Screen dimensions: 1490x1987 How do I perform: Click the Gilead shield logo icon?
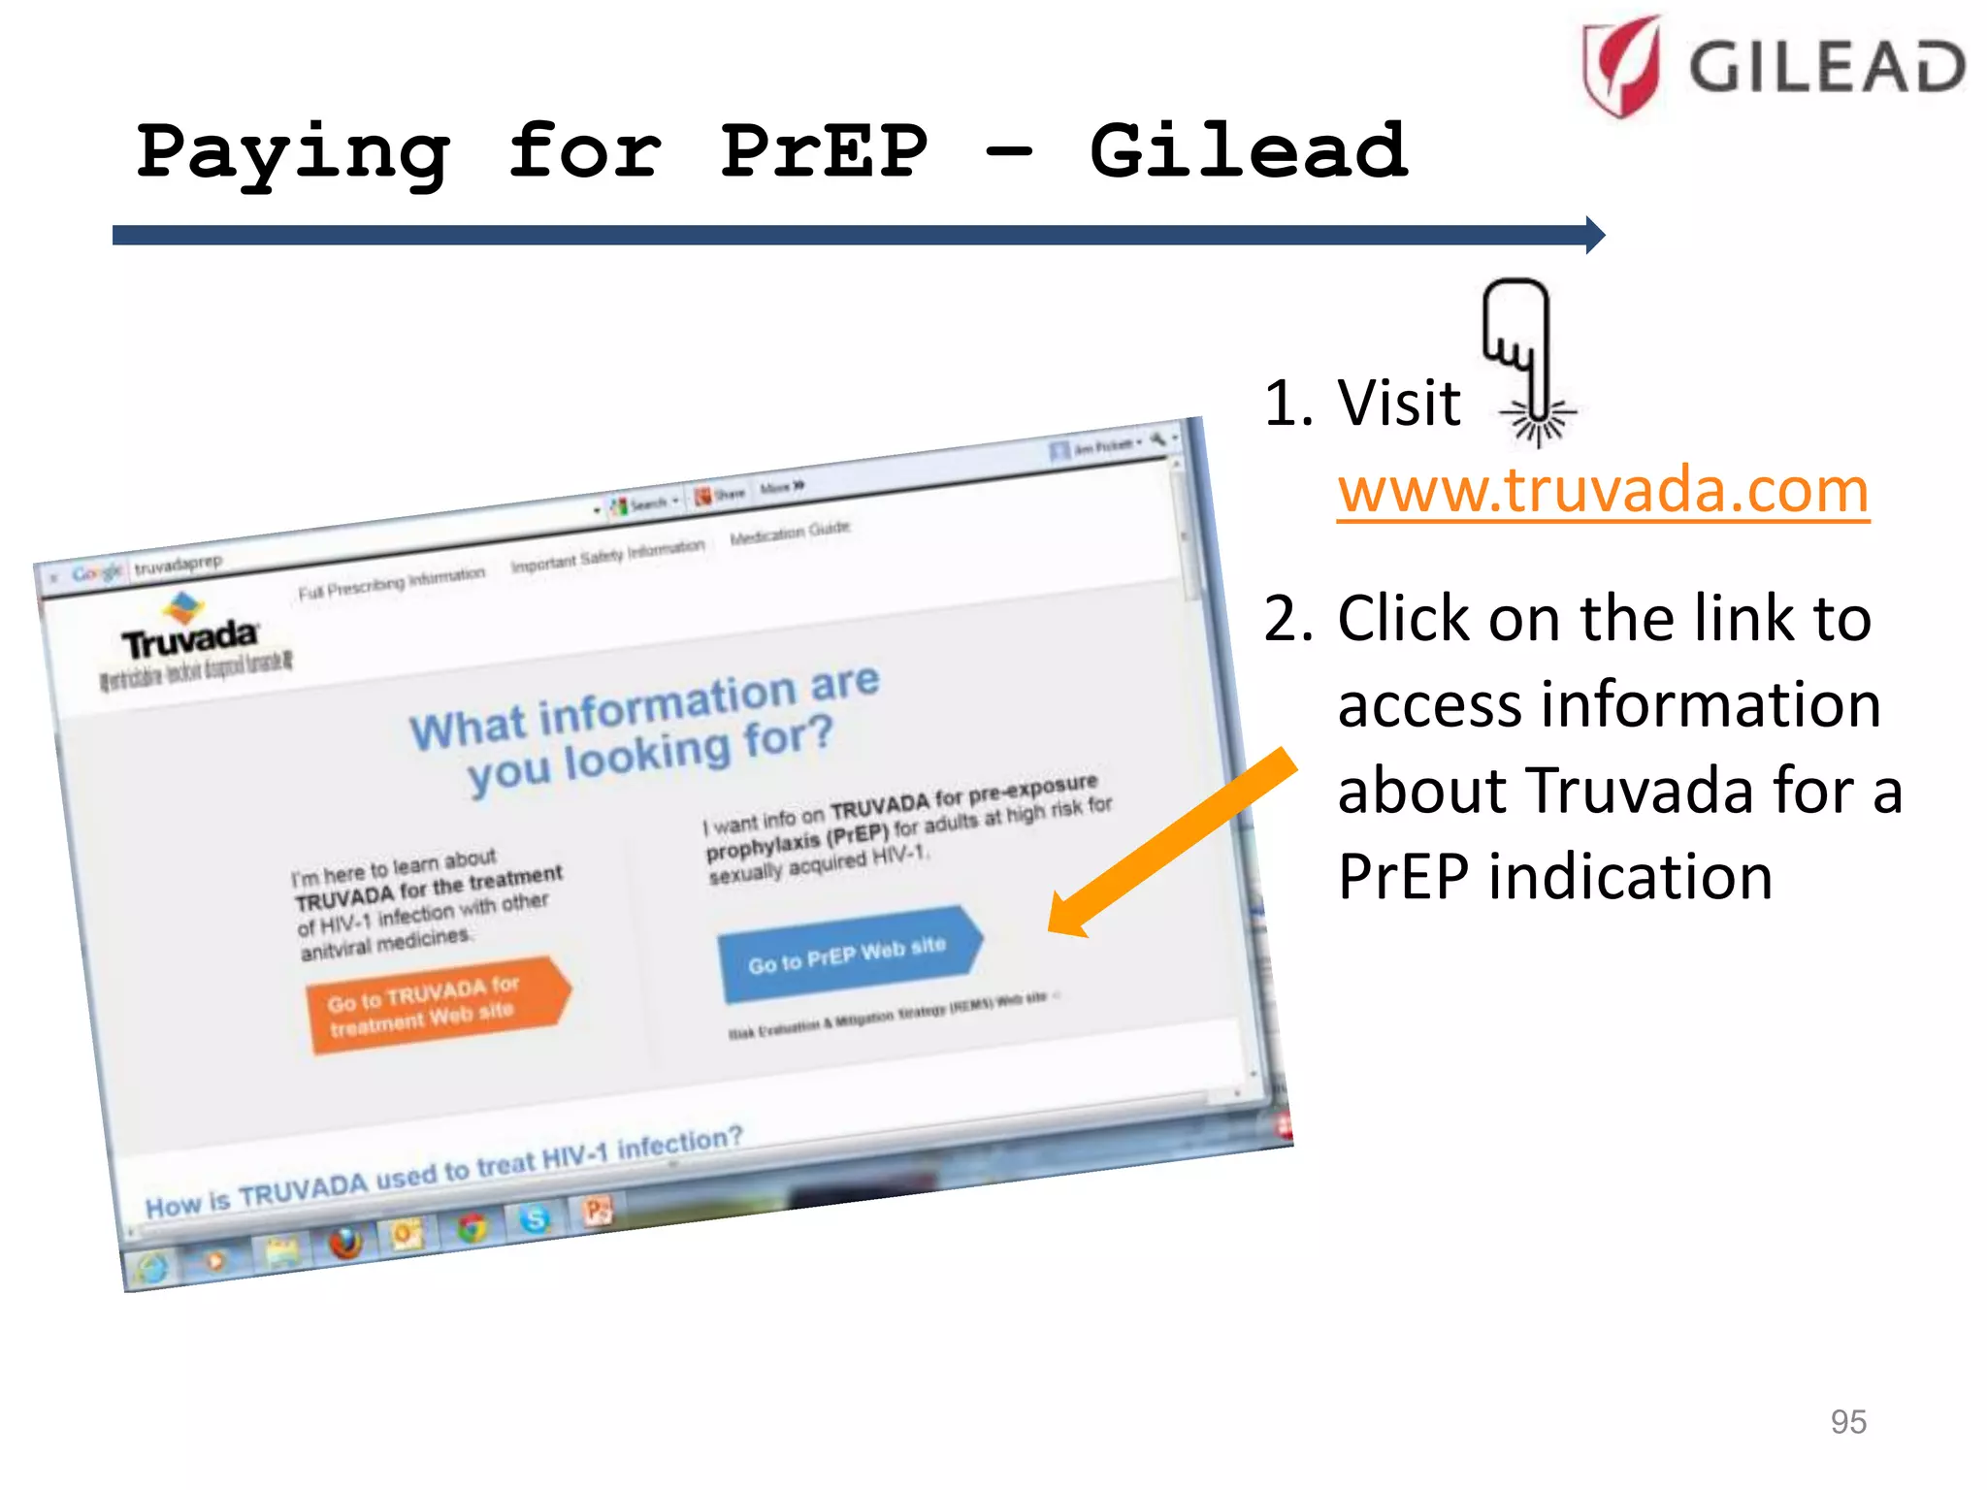(1620, 66)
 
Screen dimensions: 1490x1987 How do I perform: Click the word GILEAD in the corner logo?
(1827, 68)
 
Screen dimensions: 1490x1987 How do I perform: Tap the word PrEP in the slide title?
(824, 152)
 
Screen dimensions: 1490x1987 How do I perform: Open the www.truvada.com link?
(1603, 490)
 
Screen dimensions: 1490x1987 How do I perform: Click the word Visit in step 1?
(1398, 403)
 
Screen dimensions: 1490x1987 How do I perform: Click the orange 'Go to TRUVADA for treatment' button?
(434, 1005)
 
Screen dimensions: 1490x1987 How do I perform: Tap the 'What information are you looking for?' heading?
(644, 727)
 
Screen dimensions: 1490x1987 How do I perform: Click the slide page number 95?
(1847, 1421)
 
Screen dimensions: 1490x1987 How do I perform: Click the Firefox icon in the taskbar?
(345, 1242)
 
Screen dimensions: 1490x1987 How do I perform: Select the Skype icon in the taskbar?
(534, 1218)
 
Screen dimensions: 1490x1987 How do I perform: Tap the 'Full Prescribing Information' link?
(391, 582)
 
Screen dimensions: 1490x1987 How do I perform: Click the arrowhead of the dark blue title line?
(1595, 235)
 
